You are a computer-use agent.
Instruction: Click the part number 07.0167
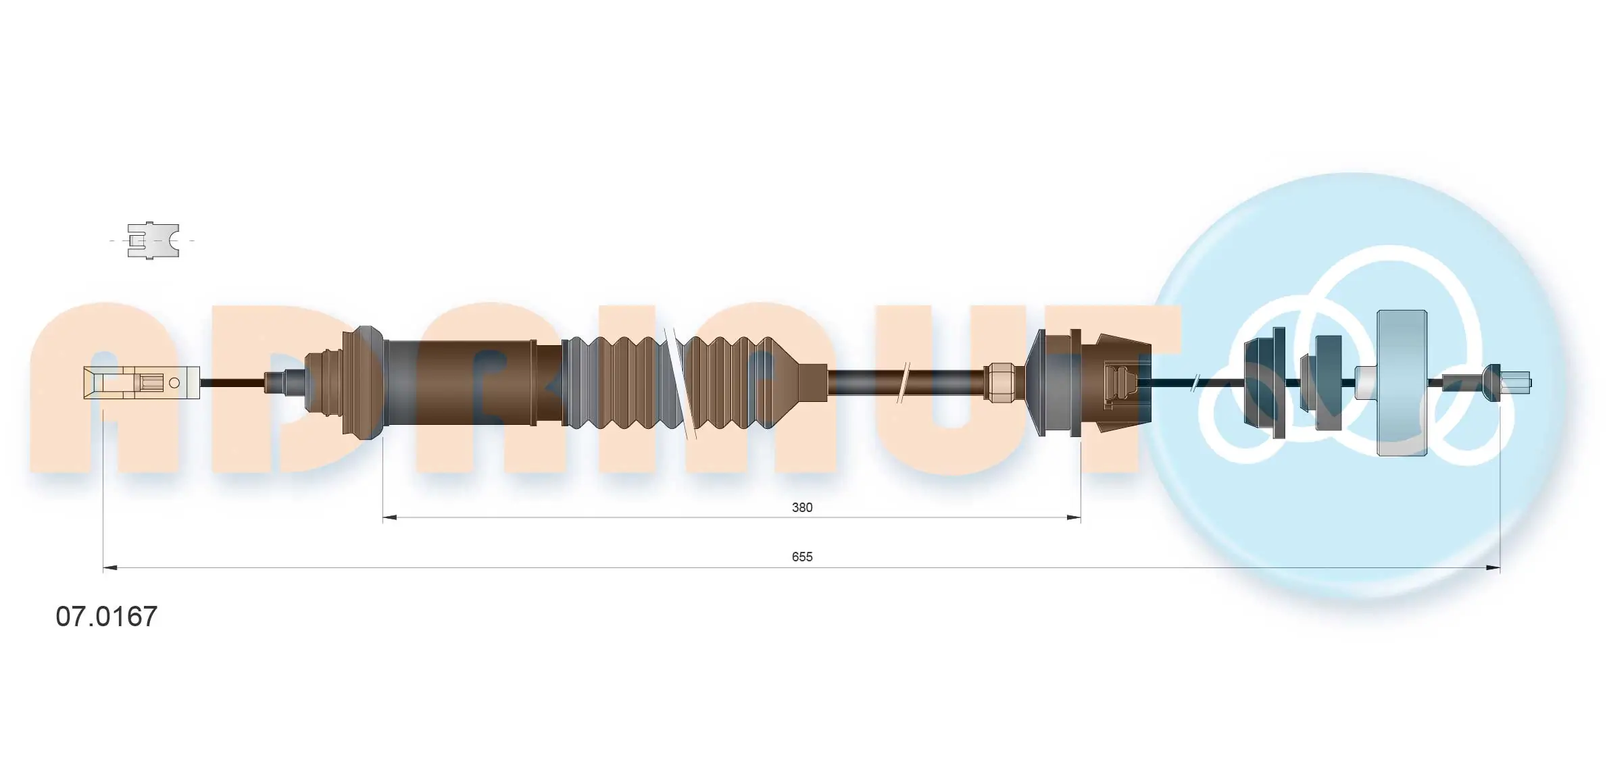[106, 616]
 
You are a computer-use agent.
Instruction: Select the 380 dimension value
[801, 507]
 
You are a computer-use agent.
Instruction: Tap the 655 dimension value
[801, 557]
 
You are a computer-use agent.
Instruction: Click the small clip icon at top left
[153, 240]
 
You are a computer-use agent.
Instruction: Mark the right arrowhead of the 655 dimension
[1493, 568]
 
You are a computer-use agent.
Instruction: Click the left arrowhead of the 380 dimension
[389, 518]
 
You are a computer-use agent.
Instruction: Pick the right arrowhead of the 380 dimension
[1074, 518]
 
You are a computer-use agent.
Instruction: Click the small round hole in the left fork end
[174, 383]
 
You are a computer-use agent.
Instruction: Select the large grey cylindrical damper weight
[1402, 383]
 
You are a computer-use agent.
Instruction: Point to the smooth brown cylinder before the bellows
[473, 383]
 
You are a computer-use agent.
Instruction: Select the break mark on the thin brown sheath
[903, 383]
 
